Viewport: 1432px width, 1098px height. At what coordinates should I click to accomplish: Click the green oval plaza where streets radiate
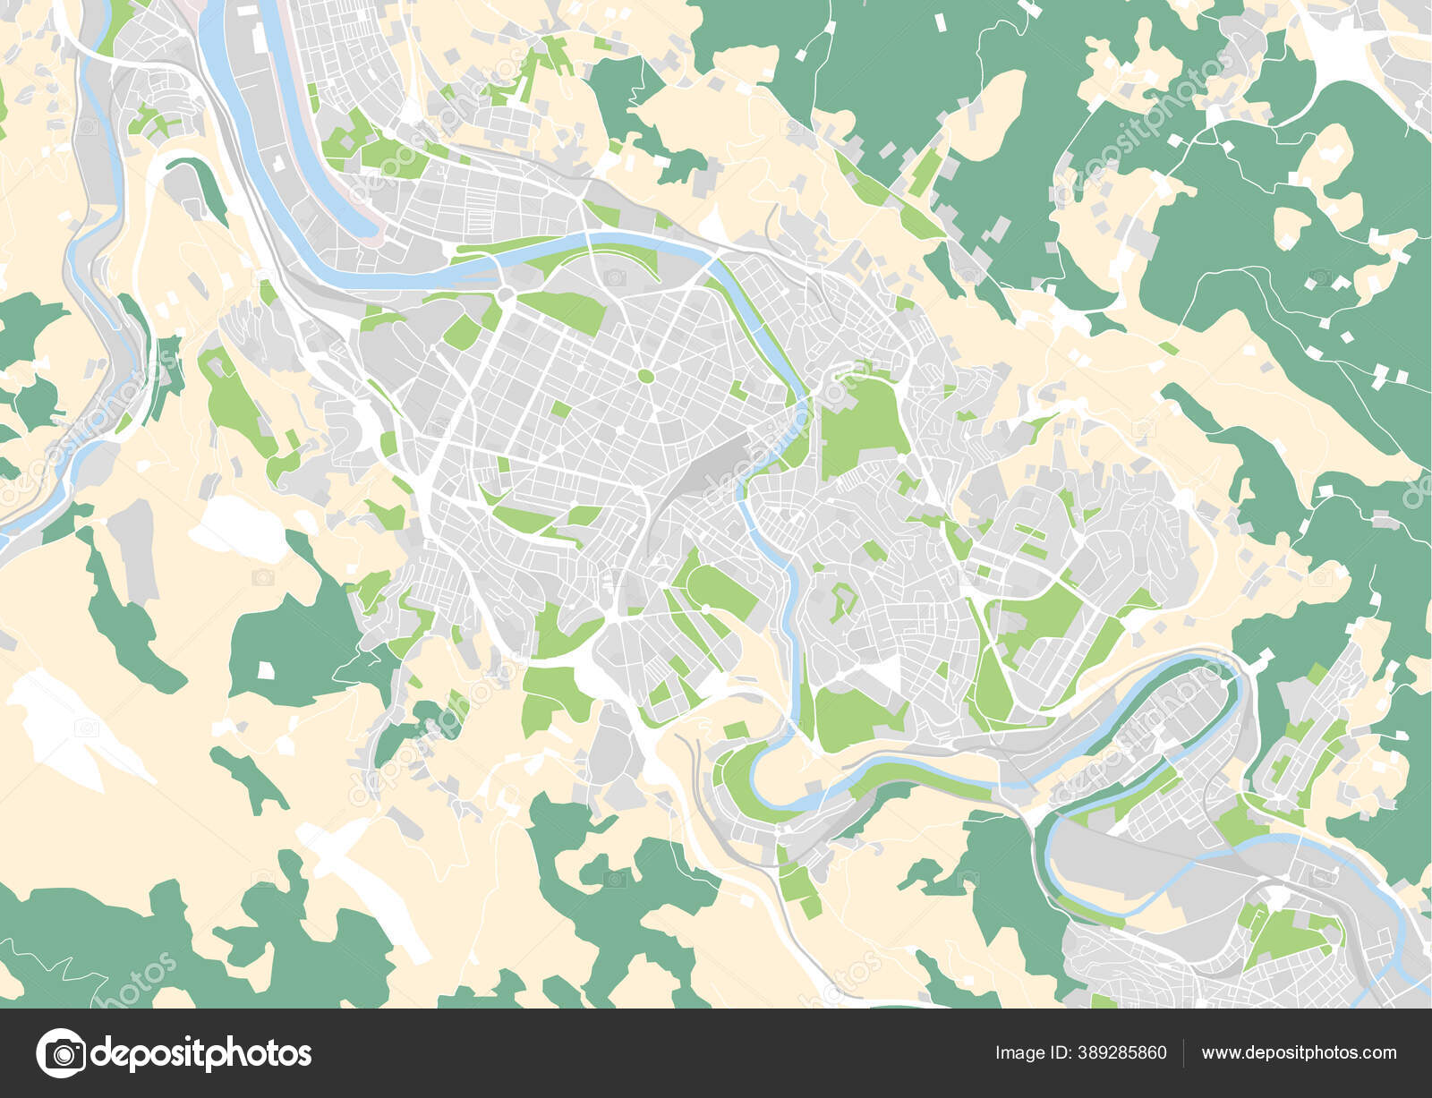point(645,376)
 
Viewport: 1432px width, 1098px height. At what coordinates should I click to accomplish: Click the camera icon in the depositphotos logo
point(61,1053)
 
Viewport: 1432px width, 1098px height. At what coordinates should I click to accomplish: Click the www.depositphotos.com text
point(1299,1053)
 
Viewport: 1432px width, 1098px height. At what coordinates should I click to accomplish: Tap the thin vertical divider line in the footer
point(1184,1053)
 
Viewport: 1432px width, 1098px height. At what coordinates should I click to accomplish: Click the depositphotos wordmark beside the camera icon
point(201,1053)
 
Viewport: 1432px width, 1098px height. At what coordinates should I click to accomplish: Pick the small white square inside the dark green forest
point(265,669)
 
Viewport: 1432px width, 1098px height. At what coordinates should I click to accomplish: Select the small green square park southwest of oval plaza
point(560,410)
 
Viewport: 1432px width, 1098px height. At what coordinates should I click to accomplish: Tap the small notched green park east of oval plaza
point(737,390)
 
